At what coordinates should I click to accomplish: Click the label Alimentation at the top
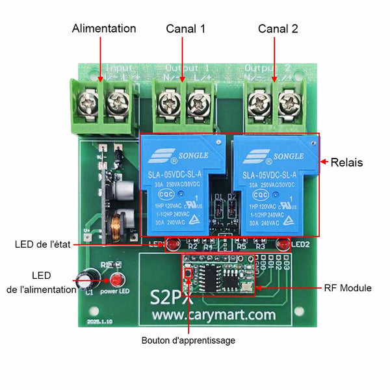coord(104,29)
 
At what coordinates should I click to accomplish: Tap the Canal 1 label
coord(185,29)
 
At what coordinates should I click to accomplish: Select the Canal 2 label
coord(278,29)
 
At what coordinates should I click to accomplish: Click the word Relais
coord(346,162)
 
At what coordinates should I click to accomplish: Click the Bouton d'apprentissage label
coord(188,340)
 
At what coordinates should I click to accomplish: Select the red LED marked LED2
coord(283,245)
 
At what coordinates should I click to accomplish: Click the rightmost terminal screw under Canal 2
coord(289,101)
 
